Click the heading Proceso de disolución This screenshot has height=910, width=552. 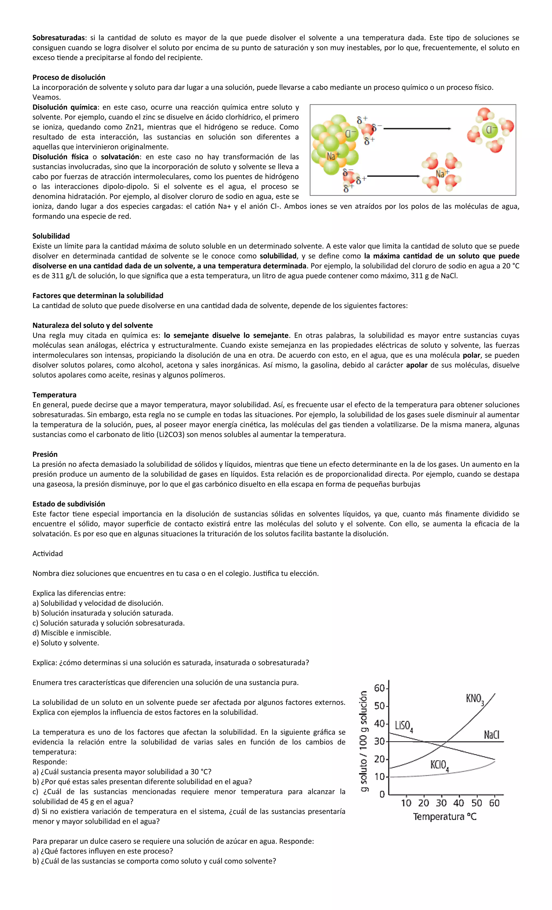coord(69,77)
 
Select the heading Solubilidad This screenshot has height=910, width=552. coord(51,236)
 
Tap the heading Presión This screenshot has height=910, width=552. coord(45,454)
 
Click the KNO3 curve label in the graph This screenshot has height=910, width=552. coord(475,699)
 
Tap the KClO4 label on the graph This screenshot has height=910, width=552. coord(439,765)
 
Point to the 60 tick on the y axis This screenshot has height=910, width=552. coord(379,688)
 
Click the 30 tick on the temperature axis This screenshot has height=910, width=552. coord(441,803)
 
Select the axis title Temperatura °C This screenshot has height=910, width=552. coord(445,817)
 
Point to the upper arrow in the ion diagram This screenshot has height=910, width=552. coord(417,128)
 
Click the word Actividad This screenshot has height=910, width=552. coord(48,553)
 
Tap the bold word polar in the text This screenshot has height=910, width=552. coord(471,355)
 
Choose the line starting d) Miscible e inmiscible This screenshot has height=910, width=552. coord(72,633)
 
